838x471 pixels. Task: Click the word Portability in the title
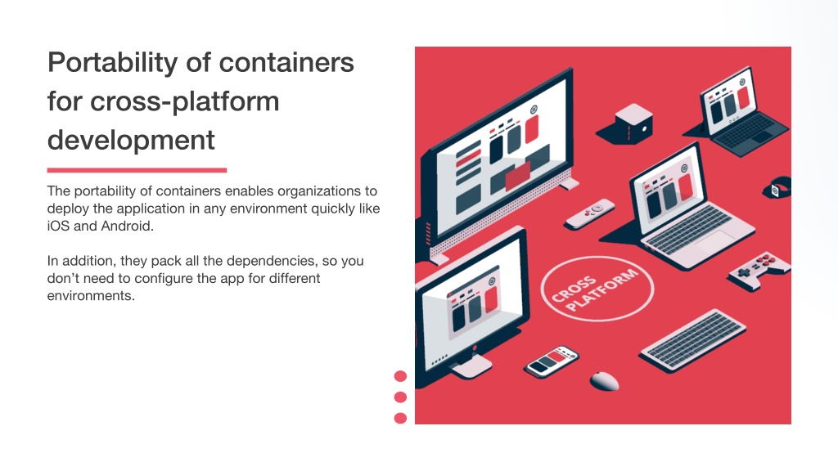coord(113,63)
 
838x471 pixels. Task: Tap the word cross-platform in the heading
coord(184,101)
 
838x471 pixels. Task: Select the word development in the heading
coord(131,141)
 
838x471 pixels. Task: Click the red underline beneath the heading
coord(137,170)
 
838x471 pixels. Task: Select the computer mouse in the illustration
coord(605,381)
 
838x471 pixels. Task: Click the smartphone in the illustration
coord(552,361)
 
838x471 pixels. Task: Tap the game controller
coord(759,270)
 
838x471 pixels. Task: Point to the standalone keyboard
coord(693,340)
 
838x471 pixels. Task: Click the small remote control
coord(590,213)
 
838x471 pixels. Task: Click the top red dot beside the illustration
coord(400,376)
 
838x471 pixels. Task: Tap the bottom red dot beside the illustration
coord(400,418)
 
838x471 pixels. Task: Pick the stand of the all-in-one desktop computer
coord(471,366)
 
